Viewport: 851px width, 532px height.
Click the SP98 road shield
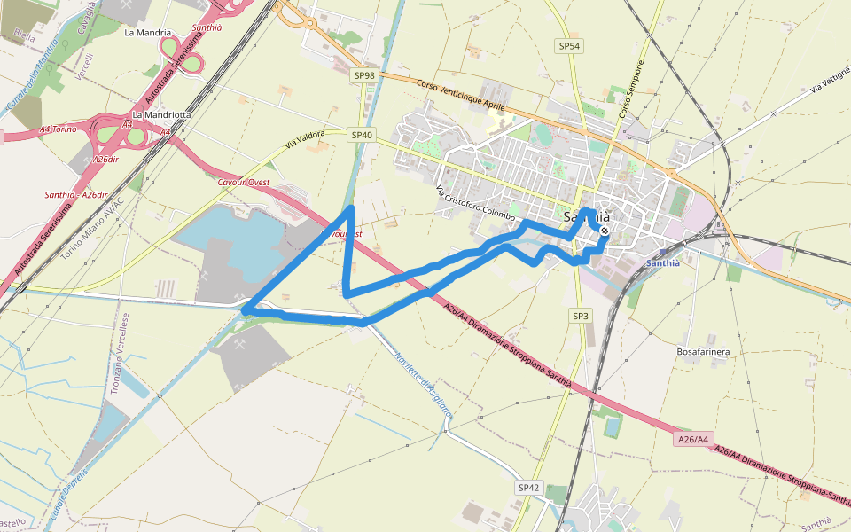point(364,76)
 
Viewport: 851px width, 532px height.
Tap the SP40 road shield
point(362,135)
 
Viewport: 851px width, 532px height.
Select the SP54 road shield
point(569,45)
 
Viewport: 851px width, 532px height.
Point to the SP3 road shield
point(580,316)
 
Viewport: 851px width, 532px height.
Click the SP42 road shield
point(529,488)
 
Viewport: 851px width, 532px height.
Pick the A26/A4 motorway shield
point(692,439)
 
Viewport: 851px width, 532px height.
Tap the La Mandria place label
point(147,33)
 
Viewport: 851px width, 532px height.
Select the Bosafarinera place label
point(703,352)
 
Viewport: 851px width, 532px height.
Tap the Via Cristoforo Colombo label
point(474,203)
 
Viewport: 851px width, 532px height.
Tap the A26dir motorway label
point(105,160)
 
